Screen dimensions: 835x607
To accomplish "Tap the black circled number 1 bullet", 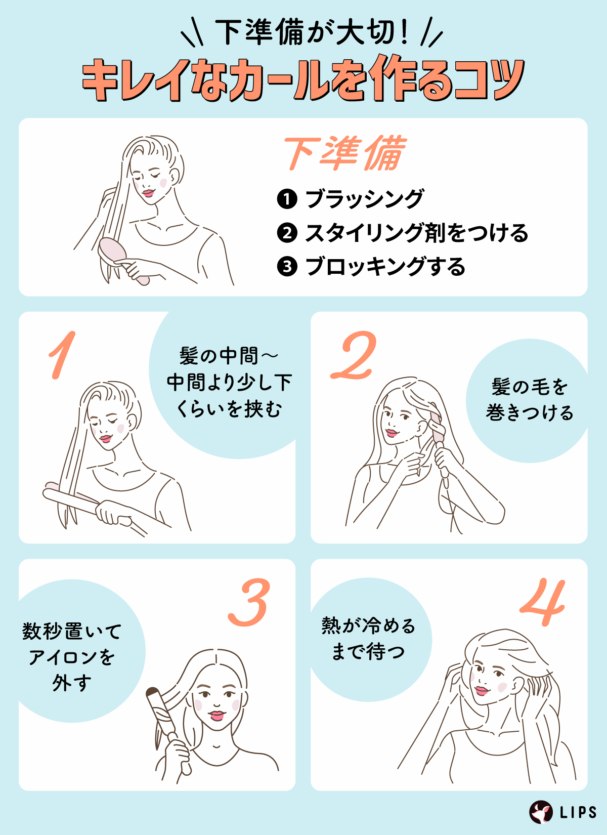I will (x=287, y=199).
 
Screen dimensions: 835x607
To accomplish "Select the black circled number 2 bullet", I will (x=287, y=233).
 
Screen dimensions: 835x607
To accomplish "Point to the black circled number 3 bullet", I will (x=287, y=266).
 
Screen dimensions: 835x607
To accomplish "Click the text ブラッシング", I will (x=364, y=199).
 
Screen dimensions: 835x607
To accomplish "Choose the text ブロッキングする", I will (x=385, y=266).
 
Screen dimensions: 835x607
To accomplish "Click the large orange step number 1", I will (x=62, y=355).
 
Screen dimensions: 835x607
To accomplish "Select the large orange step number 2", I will (x=354, y=355).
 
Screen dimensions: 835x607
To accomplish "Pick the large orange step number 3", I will (x=249, y=602).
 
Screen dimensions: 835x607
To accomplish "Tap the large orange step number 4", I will (x=544, y=602).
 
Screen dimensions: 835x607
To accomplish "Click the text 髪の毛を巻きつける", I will (x=529, y=400).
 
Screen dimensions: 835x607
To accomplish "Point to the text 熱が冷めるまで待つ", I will (x=368, y=639).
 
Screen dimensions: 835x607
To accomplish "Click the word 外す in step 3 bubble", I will (x=72, y=683).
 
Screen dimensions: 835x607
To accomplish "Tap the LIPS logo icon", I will (x=541, y=812).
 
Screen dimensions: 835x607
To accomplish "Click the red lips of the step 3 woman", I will (x=217, y=716).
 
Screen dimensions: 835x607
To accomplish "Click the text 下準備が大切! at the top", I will (x=311, y=33).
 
